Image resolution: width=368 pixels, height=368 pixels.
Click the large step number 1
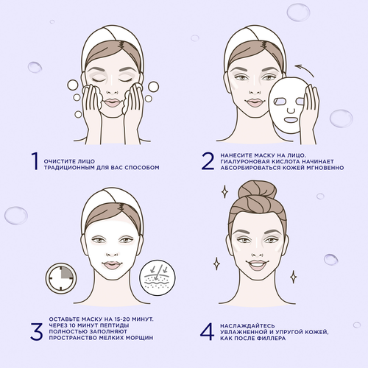(x=35, y=161)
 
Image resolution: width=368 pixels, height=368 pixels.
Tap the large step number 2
(x=208, y=161)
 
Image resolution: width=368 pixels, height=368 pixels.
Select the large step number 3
(x=37, y=331)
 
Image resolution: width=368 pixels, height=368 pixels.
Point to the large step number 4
(x=208, y=331)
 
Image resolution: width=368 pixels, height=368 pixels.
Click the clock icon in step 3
(x=61, y=278)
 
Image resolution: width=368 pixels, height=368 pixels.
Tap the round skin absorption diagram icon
(x=158, y=277)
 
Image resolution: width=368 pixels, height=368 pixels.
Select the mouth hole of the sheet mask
(x=291, y=120)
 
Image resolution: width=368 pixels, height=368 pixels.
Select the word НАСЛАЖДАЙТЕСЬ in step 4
(x=247, y=326)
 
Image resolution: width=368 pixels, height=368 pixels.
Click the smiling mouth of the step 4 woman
(x=257, y=265)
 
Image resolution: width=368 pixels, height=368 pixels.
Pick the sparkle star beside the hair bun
(x=224, y=191)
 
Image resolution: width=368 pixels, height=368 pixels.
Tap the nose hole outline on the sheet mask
(x=291, y=110)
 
